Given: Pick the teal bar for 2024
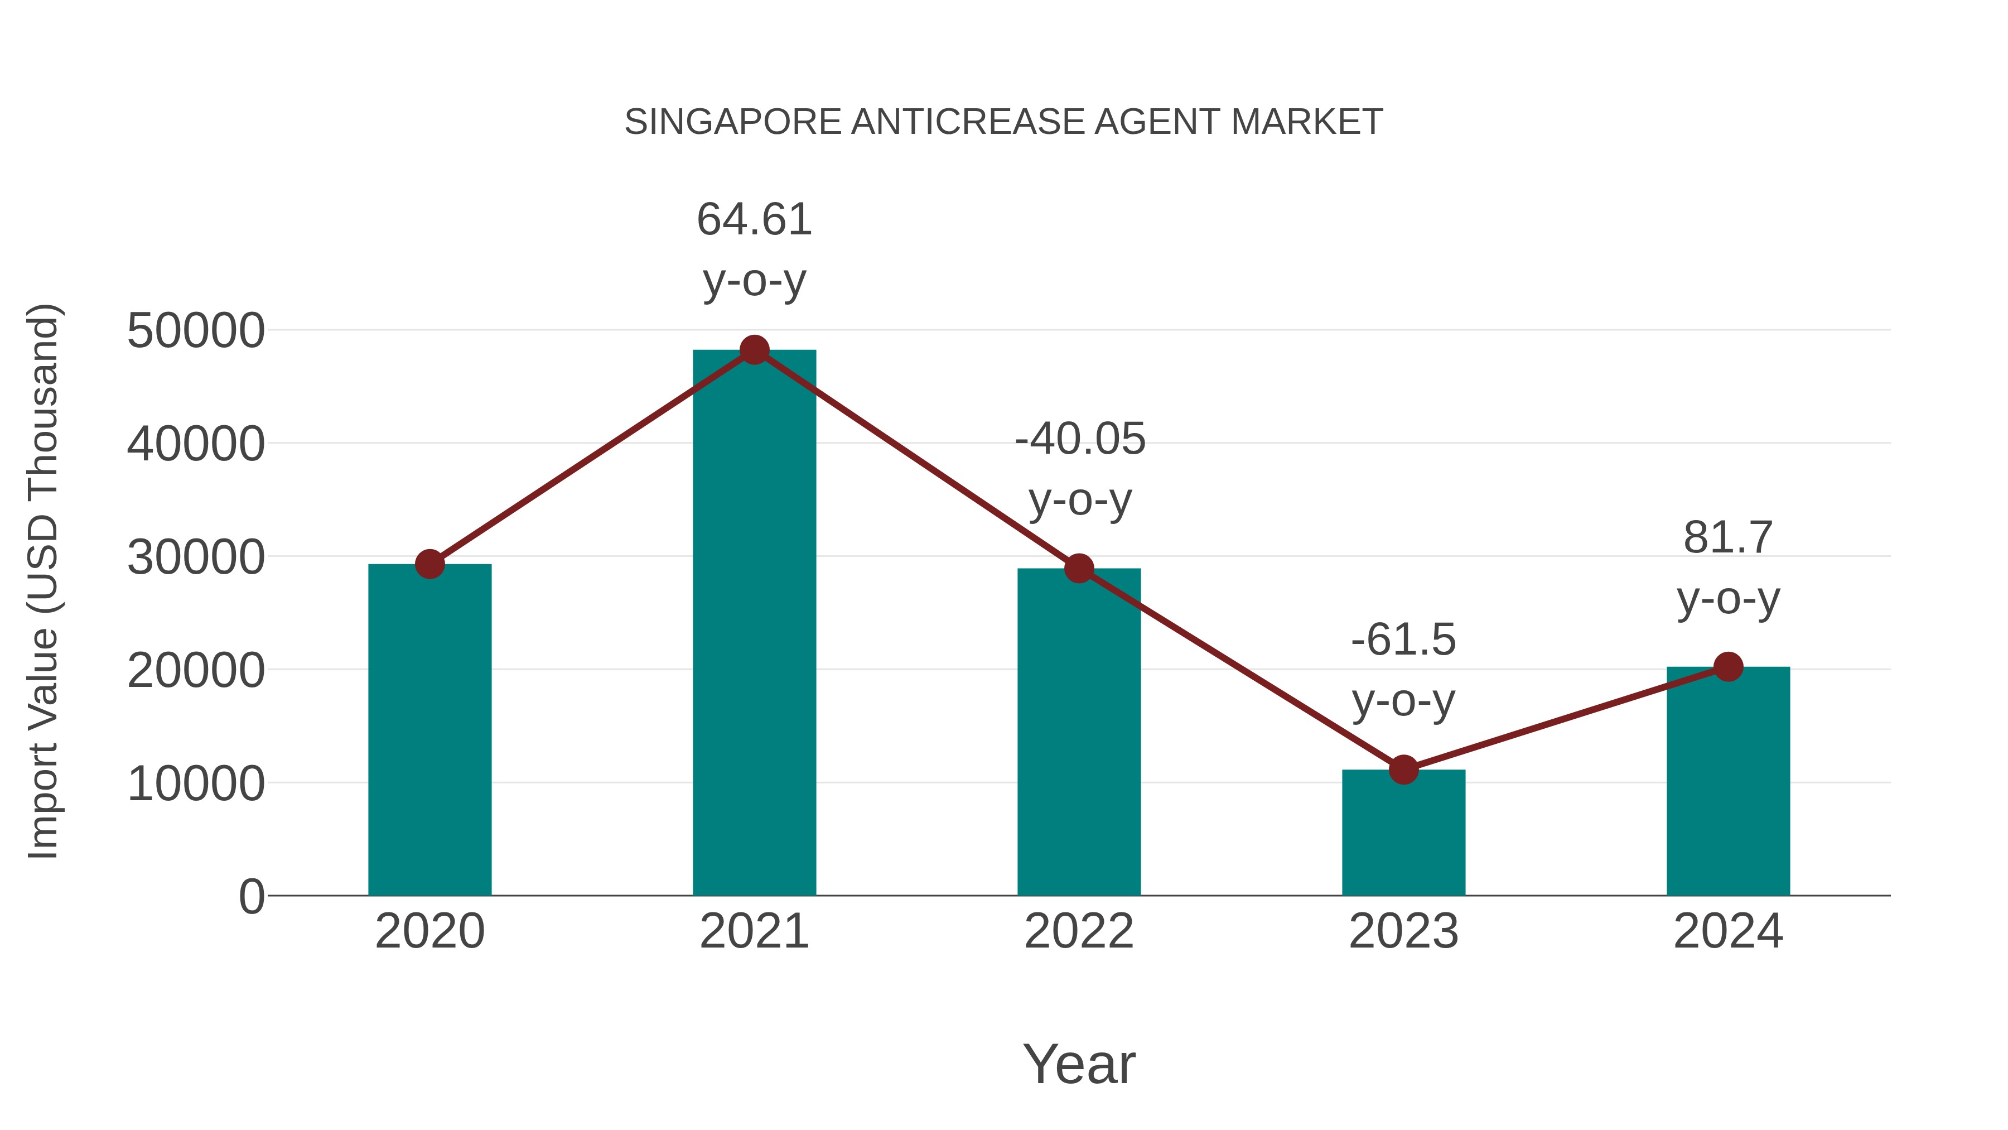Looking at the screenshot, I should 1727,781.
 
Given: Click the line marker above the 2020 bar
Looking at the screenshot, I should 429,564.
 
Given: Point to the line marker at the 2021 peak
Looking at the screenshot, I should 754,350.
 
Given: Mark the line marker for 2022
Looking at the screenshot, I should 1079,569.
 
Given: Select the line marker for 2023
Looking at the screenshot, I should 1403,770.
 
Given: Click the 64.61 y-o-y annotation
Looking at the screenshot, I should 754,249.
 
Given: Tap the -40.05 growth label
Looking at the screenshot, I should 1080,468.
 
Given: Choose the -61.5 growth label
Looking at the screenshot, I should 1403,669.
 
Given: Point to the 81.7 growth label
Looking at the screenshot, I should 1728,567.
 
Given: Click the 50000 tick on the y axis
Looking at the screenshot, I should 196,331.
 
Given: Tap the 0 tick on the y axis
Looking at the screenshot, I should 251,896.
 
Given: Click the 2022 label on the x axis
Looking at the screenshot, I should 1079,931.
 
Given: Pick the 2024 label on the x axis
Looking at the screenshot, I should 1727,931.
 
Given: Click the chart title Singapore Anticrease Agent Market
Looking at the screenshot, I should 1003,122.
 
